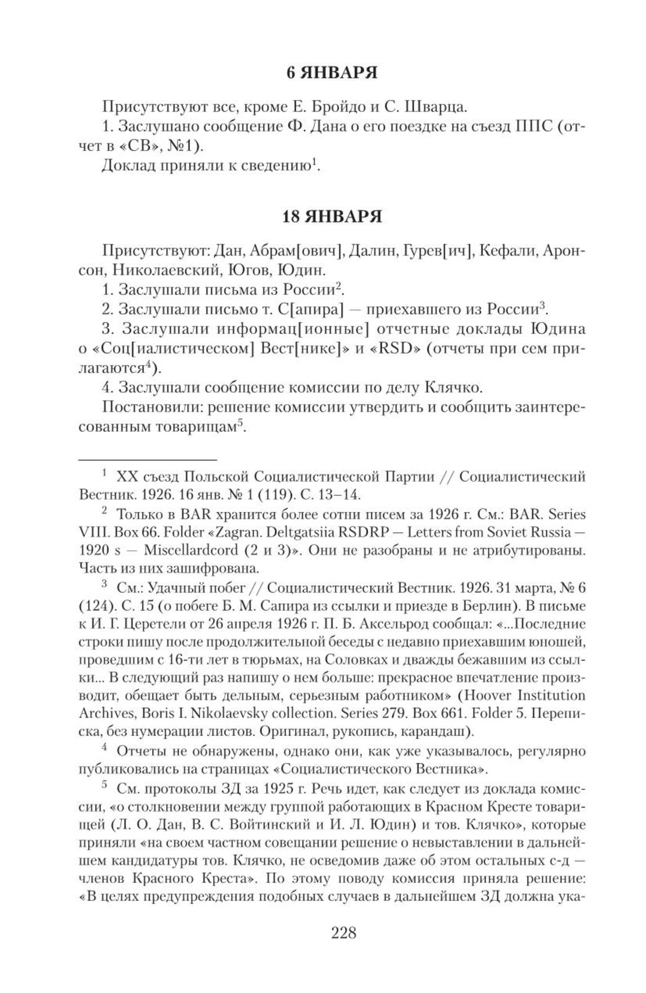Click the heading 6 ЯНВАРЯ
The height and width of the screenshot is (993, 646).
coord(331,73)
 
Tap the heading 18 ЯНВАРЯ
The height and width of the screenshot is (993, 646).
coord(331,217)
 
